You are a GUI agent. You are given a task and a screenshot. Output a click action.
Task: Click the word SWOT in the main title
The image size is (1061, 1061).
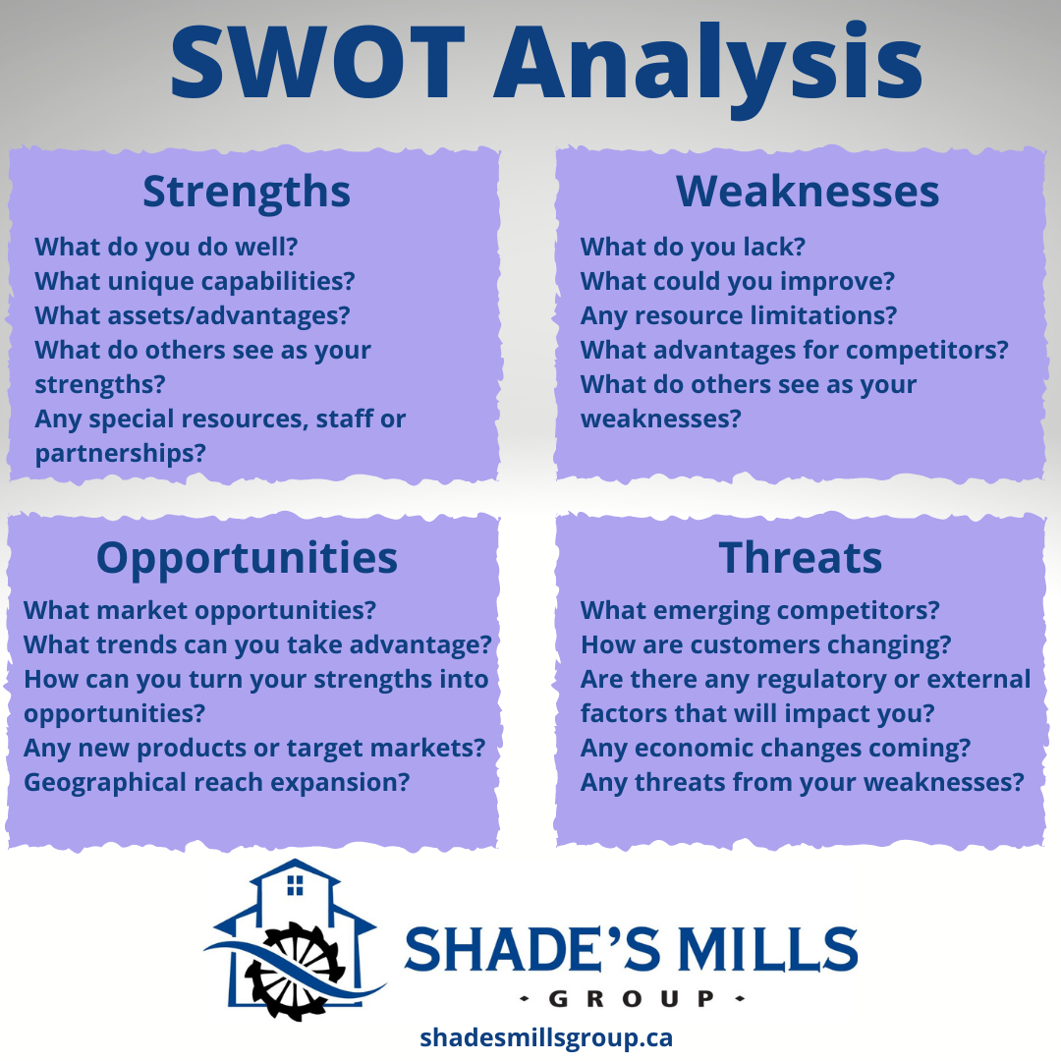click(x=321, y=61)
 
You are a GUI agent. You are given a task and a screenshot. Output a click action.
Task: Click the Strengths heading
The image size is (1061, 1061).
click(x=247, y=191)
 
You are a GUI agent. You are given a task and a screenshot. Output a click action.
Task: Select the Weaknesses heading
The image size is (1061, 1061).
click(x=808, y=191)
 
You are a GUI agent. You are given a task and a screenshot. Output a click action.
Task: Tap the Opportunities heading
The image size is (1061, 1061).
click(x=247, y=558)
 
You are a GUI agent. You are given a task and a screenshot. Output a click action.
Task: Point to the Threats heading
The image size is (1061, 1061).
click(x=801, y=558)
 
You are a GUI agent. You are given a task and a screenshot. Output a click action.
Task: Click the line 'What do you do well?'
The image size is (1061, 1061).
click(x=166, y=247)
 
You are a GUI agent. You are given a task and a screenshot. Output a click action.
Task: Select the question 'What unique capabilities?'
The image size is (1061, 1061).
click(x=195, y=281)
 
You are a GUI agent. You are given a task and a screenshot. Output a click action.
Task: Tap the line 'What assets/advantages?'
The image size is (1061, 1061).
click(x=193, y=315)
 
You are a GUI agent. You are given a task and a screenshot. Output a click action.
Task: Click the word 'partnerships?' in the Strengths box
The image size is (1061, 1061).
click(x=121, y=453)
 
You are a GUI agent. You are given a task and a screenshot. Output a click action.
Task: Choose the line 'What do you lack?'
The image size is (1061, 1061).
click(x=693, y=247)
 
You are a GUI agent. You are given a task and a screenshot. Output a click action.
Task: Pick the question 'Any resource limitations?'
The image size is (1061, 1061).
click(x=739, y=315)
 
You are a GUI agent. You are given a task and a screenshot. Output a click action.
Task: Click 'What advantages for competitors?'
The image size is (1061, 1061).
click(x=795, y=350)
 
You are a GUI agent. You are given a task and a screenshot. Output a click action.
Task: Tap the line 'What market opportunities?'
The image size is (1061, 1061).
click(x=199, y=610)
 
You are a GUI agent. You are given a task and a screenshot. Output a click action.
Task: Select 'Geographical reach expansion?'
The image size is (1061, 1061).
click(x=216, y=782)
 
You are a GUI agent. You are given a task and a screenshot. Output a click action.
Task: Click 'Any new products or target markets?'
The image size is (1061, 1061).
click(x=254, y=748)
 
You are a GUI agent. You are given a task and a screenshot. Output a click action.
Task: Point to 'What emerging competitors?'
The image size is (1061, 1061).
click(x=760, y=610)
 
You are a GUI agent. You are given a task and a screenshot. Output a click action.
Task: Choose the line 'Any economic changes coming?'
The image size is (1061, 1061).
click(x=775, y=748)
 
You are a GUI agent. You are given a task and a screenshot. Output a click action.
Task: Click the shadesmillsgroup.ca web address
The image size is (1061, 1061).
click(x=546, y=1037)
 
